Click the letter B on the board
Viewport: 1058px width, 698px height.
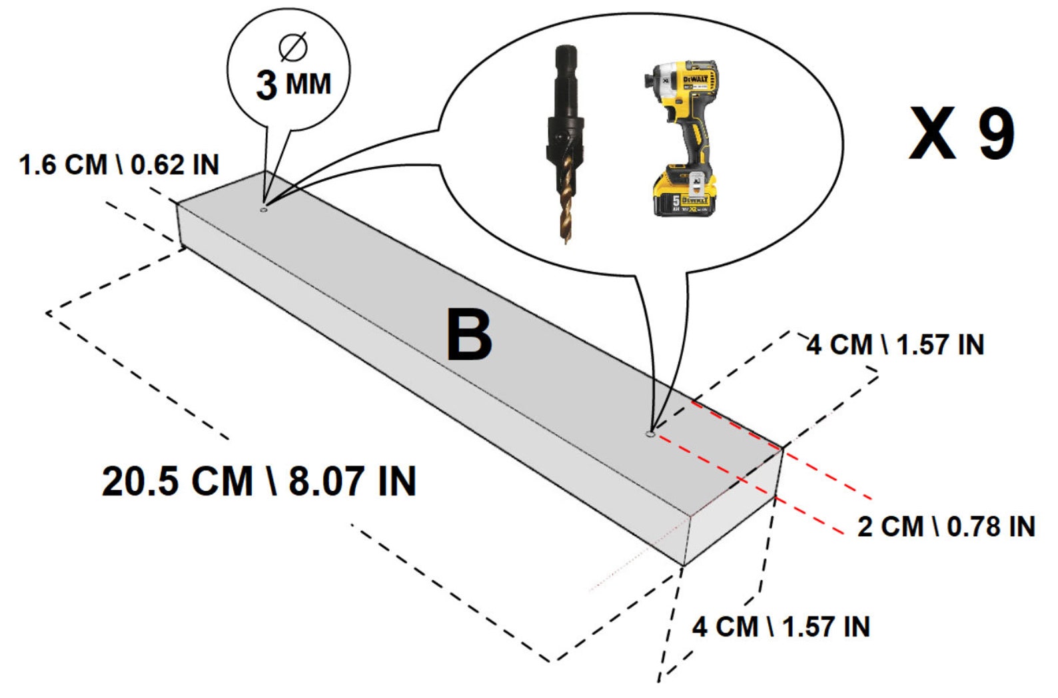(x=469, y=335)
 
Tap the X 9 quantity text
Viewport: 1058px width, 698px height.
(x=961, y=134)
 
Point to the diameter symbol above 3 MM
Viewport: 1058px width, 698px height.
(x=293, y=47)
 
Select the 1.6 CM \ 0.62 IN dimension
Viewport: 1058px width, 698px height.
(x=119, y=165)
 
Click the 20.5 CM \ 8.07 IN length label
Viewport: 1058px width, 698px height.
(x=259, y=481)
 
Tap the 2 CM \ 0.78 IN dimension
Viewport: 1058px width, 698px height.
(x=945, y=526)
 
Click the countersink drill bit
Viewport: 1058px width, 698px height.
(x=564, y=140)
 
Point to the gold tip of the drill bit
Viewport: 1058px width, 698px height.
(x=564, y=200)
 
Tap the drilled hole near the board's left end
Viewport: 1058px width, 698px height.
(x=263, y=210)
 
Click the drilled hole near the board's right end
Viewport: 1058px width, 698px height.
(x=650, y=434)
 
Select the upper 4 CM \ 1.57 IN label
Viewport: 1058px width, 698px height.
(x=895, y=345)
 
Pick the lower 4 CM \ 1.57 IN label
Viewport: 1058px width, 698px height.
(x=780, y=627)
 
